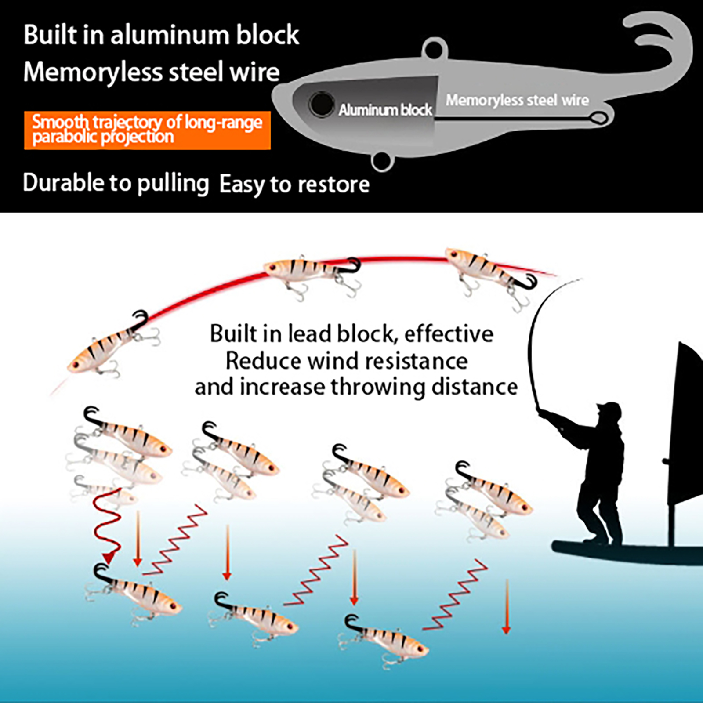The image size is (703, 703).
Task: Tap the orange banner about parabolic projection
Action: tap(147, 130)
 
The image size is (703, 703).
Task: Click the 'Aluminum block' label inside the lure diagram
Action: tap(385, 110)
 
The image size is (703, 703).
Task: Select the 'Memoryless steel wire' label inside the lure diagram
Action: tap(517, 100)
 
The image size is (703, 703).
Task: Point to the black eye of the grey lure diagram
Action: tap(321, 105)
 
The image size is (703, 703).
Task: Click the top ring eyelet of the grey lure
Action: tap(435, 48)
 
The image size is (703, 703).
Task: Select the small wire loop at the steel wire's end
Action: tap(598, 118)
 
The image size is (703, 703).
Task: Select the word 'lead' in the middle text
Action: tap(309, 334)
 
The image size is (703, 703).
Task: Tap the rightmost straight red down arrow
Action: tap(507, 606)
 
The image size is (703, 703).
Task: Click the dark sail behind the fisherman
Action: tap(685, 431)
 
